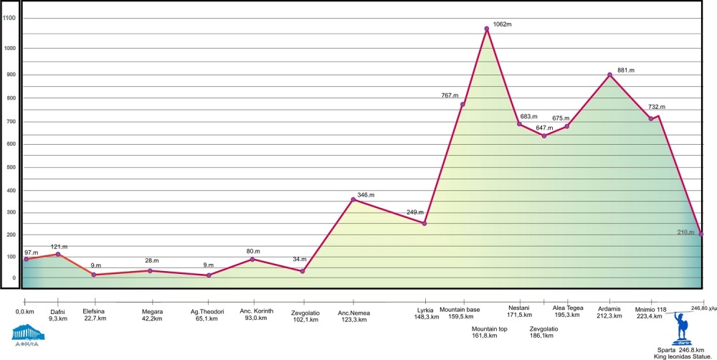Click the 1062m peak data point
coord(486,29)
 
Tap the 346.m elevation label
coord(366,195)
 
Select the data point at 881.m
coord(609,75)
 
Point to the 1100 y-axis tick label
coord(9,18)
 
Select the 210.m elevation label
coord(686,232)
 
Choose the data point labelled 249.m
coord(424,224)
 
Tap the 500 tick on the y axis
coord(9,168)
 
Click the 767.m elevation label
coord(450,95)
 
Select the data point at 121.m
coord(57,255)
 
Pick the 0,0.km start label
coord(24,311)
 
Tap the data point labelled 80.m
coord(252,260)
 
